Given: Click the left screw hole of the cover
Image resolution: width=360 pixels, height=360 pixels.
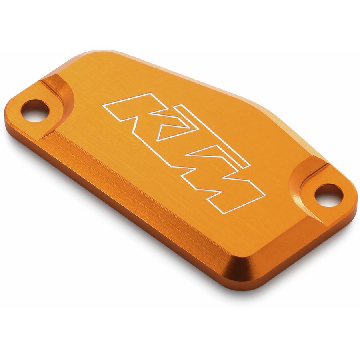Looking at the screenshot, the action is pos(35,110).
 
